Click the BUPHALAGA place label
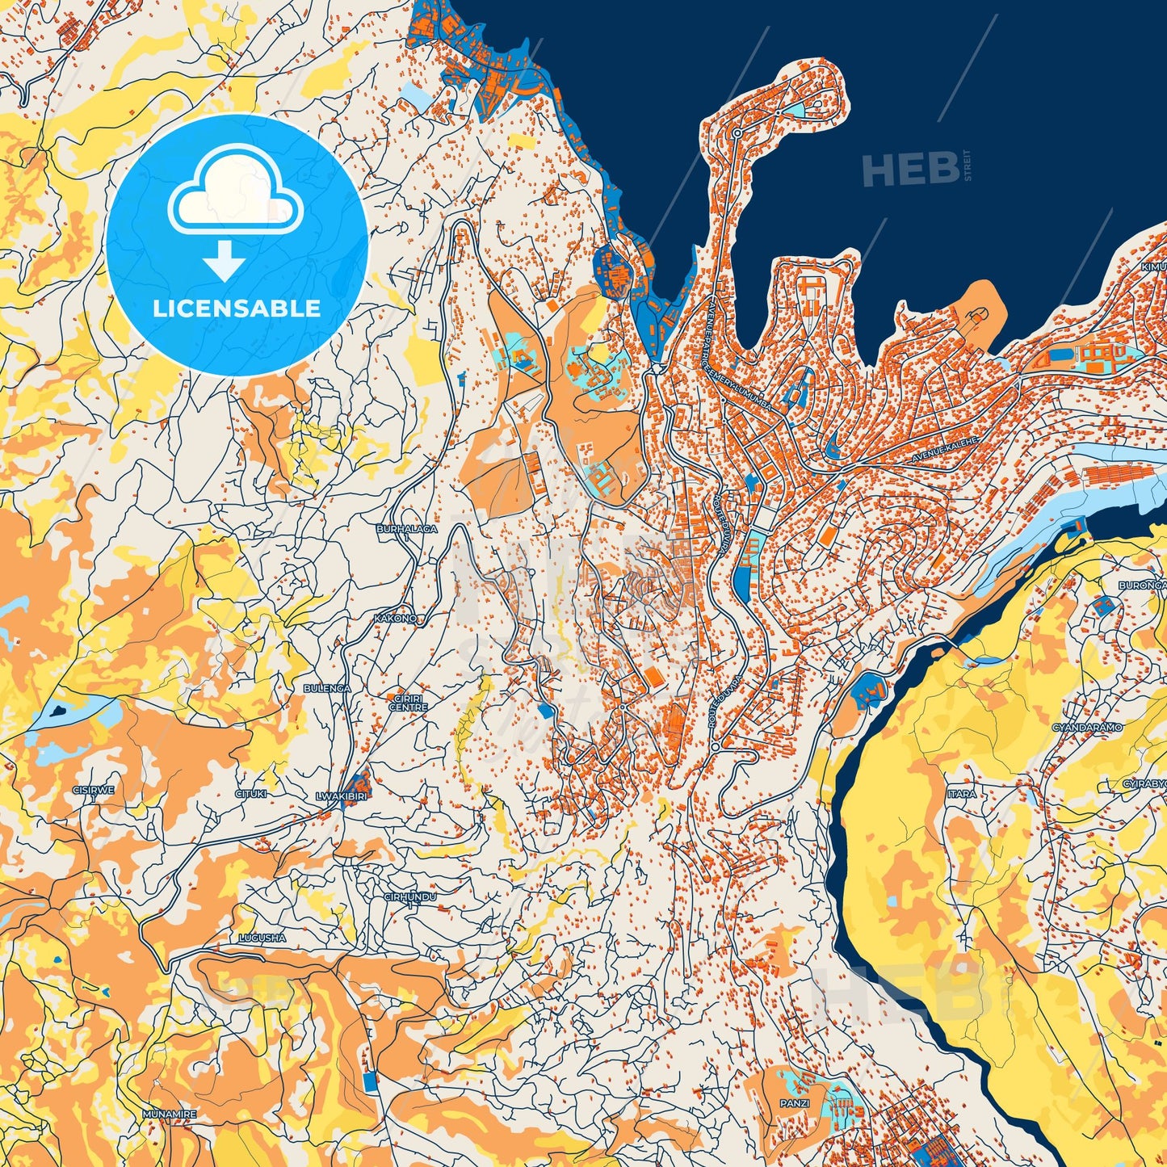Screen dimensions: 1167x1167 click(x=407, y=529)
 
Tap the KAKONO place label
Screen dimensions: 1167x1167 click(x=396, y=619)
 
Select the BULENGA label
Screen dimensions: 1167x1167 click(x=327, y=688)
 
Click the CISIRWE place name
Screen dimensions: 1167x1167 click(x=93, y=790)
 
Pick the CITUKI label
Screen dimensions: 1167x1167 click(x=250, y=794)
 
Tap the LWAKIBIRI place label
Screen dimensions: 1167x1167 click(x=341, y=796)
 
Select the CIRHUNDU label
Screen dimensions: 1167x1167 click(x=410, y=897)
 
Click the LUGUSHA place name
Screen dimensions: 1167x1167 click(x=262, y=938)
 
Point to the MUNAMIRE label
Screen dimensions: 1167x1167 click(x=169, y=1115)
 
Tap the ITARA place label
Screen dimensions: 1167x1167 click(x=961, y=794)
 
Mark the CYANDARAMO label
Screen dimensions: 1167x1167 click(x=1087, y=728)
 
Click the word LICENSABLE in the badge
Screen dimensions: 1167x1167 click(x=237, y=309)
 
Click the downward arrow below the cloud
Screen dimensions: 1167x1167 click(x=224, y=263)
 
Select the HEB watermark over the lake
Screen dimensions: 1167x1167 click(x=910, y=170)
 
